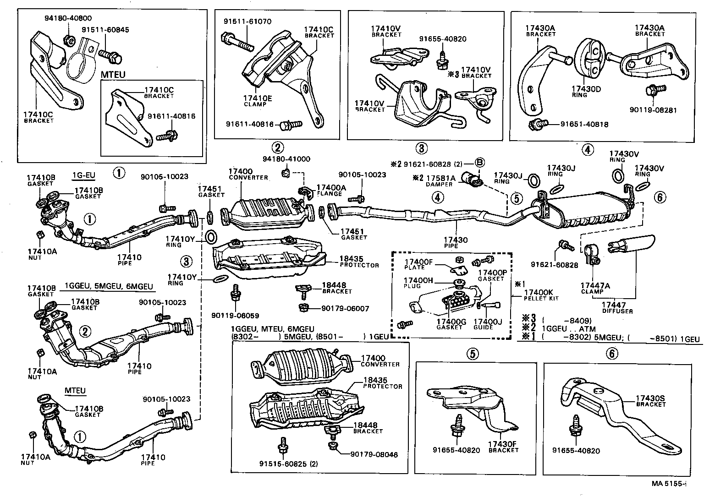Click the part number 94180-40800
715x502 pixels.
click(x=68, y=18)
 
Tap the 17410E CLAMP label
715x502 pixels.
click(x=255, y=100)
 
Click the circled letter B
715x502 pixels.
click(x=479, y=164)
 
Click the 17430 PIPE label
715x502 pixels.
click(x=456, y=242)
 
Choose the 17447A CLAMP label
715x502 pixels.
click(x=594, y=288)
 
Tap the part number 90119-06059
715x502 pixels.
click(x=235, y=316)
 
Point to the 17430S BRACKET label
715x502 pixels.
click(x=650, y=401)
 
